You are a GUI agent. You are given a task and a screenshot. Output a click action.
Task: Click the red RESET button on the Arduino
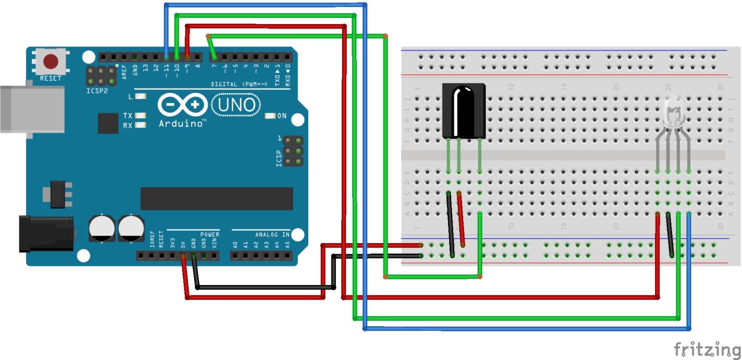51,61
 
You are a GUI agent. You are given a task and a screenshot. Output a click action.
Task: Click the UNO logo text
236,105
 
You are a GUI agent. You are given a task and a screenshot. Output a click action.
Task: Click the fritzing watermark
707,349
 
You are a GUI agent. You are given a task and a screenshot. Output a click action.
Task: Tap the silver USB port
32,109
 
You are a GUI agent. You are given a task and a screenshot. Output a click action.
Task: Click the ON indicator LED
270,116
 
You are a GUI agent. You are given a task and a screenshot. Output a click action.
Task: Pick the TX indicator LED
141,116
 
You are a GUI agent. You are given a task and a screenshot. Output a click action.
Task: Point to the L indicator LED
141,97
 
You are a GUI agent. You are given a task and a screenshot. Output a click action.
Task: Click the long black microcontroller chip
216,199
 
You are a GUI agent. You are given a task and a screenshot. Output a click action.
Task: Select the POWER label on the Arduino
210,234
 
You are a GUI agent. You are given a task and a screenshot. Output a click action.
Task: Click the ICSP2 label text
97,90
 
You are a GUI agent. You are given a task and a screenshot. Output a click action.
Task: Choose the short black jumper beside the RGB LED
671,235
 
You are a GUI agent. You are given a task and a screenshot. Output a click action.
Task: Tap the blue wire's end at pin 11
166,55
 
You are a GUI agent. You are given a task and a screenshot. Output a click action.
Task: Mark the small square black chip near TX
108,123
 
